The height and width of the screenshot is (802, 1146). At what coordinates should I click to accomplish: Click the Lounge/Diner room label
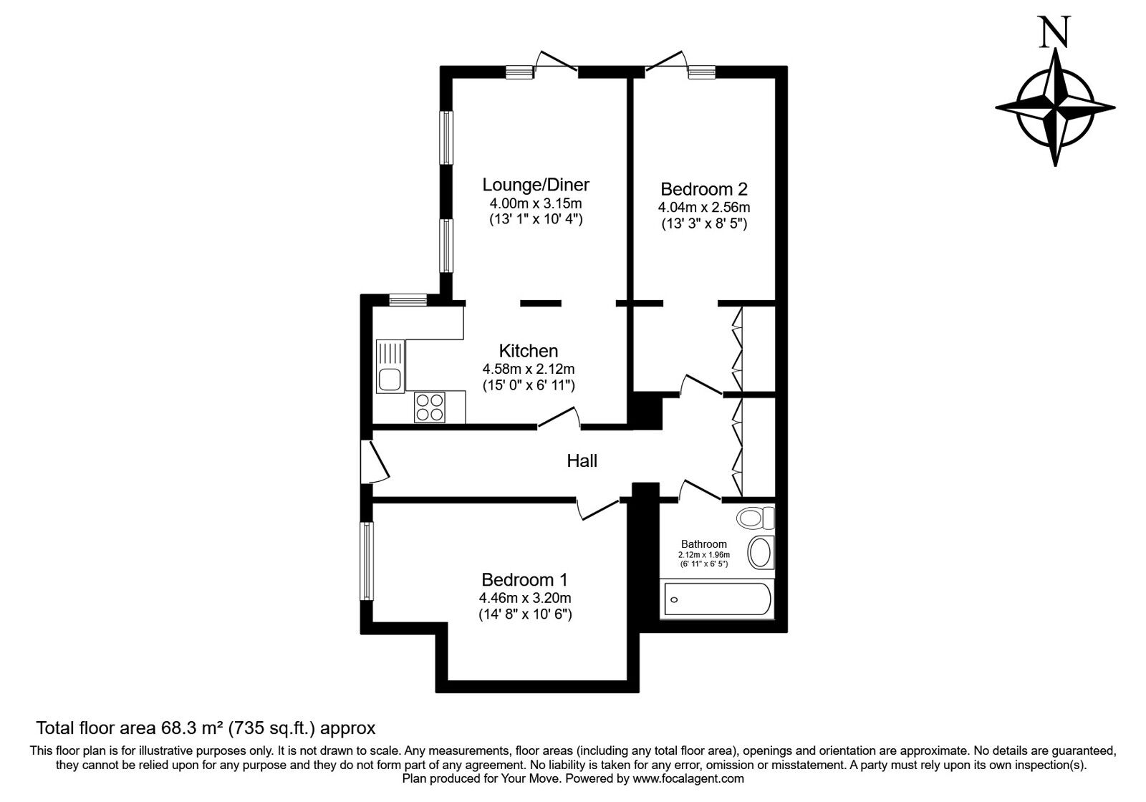[x=536, y=184]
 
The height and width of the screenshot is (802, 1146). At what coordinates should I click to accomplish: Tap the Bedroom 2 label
[x=703, y=189]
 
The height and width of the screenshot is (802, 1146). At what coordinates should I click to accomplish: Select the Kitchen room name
[x=528, y=351]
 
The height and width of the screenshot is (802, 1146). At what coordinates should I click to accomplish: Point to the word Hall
[x=582, y=461]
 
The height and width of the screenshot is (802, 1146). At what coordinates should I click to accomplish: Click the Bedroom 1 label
[x=524, y=580]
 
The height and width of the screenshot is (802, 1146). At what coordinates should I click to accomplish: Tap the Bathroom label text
[x=703, y=544]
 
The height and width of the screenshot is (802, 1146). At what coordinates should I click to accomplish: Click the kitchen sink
[x=390, y=367]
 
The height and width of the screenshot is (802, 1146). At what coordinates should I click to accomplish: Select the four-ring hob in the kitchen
[x=430, y=407]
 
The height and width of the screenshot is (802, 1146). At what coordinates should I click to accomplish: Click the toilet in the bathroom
[x=755, y=518]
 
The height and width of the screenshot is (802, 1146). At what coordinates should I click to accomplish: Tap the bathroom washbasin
[x=761, y=553]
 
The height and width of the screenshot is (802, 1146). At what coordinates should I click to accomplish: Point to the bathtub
[x=717, y=599]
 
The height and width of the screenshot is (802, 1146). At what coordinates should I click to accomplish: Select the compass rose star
[x=1055, y=107]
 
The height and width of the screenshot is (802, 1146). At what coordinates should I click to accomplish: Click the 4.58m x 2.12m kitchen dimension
[x=528, y=369]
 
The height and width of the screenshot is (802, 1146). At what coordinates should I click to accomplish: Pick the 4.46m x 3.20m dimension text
[x=525, y=598]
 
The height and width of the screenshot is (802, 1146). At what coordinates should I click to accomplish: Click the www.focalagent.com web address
[x=688, y=779]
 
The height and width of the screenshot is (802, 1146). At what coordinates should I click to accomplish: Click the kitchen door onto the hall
[x=559, y=417]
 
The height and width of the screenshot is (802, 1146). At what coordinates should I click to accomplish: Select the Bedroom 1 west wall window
[x=366, y=561]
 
